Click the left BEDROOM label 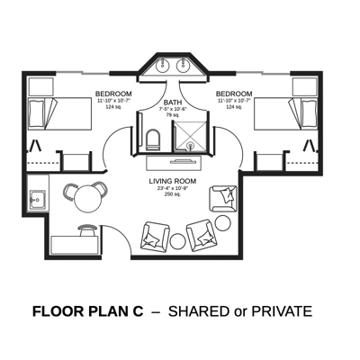click(x=113, y=94)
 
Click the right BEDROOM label click(x=234, y=94)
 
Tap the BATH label click(x=172, y=103)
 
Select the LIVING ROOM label click(x=172, y=181)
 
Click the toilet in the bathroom click(x=153, y=139)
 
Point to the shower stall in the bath click(x=192, y=135)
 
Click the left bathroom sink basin click(x=162, y=66)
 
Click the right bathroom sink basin click(x=183, y=66)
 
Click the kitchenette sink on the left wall click(x=38, y=196)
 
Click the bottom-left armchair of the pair click(x=156, y=236)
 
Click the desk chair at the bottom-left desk click(x=88, y=231)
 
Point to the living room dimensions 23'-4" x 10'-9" click(x=172, y=188)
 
